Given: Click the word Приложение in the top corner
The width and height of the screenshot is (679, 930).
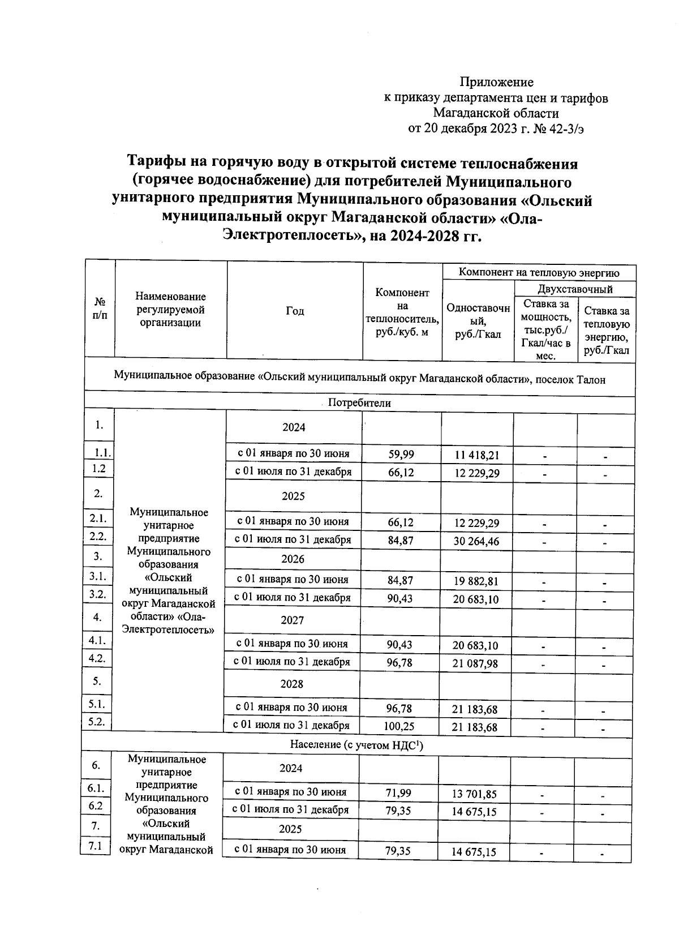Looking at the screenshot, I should [x=496, y=83].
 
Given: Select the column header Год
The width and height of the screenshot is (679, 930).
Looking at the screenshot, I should [x=295, y=311].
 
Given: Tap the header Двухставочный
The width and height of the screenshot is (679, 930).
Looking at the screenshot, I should [x=575, y=290].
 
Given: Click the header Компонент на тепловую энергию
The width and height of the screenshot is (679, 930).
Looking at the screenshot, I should [x=539, y=273].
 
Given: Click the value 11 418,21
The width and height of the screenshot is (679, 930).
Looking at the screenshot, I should [x=477, y=455].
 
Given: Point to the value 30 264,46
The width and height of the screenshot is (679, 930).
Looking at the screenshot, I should [x=476, y=541].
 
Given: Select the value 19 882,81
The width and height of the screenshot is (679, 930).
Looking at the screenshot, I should [x=476, y=581].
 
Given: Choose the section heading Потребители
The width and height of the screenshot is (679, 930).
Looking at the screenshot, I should [x=359, y=403].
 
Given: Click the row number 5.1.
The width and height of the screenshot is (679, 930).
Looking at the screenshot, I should [x=98, y=704].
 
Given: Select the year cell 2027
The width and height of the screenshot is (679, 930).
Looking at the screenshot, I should [x=293, y=620].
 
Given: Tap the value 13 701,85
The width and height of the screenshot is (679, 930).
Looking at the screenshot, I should [x=474, y=794].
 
